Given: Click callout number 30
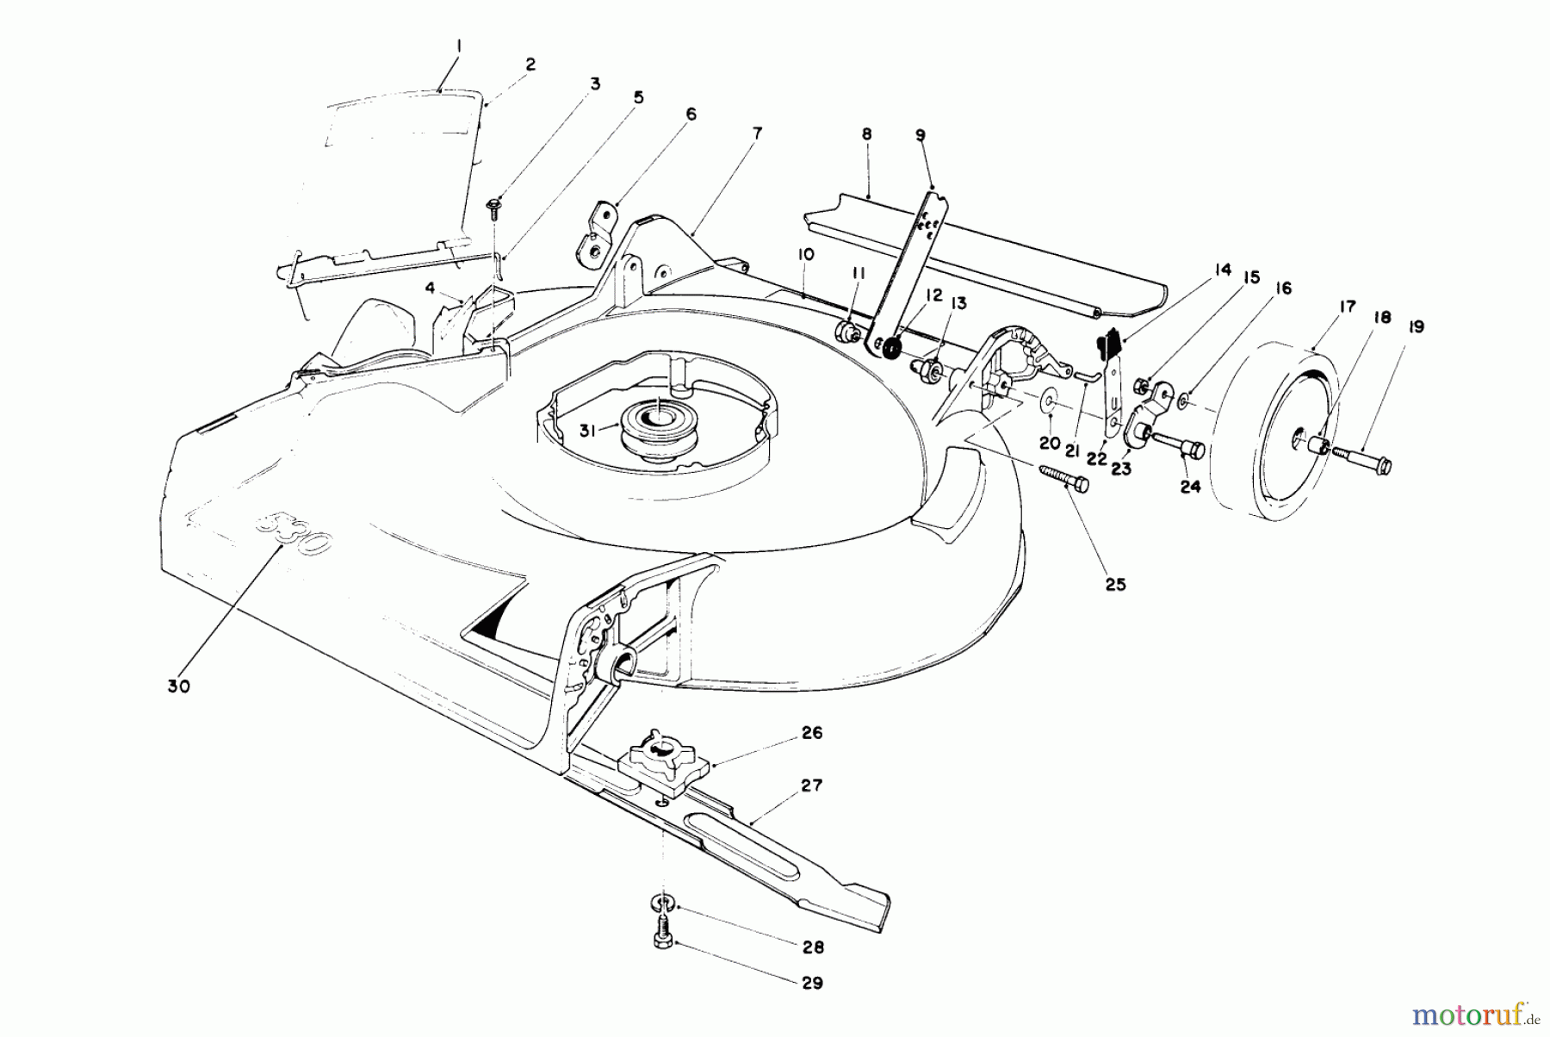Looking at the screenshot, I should tap(180, 686).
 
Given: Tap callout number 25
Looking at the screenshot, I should tap(1115, 584).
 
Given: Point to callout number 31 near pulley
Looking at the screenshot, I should tap(587, 431).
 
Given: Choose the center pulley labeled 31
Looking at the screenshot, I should tap(656, 421).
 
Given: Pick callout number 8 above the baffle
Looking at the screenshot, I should tap(866, 134).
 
